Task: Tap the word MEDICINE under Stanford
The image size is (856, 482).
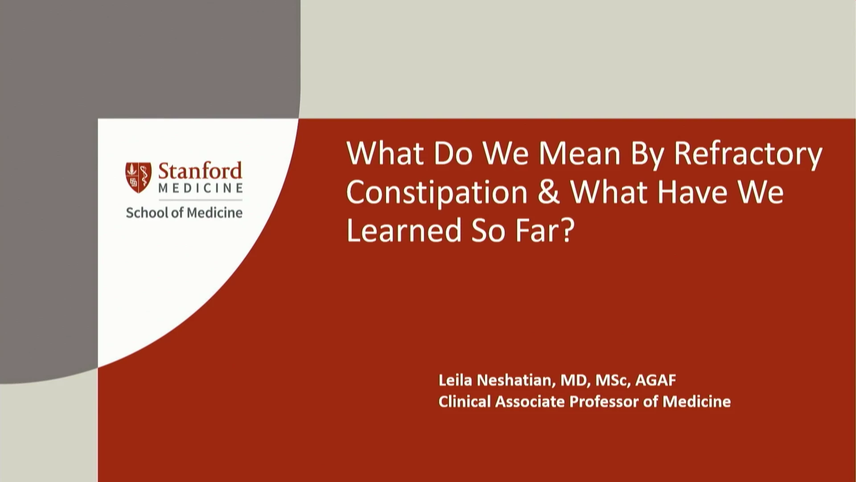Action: [201, 188]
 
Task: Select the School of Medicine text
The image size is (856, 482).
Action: [184, 213]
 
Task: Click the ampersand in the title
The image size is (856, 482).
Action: [549, 192]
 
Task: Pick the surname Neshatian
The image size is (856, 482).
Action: [517, 381]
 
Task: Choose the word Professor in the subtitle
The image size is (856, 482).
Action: [605, 402]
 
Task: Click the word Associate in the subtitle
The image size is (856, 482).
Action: [530, 402]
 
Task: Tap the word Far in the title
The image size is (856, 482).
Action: [540, 230]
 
